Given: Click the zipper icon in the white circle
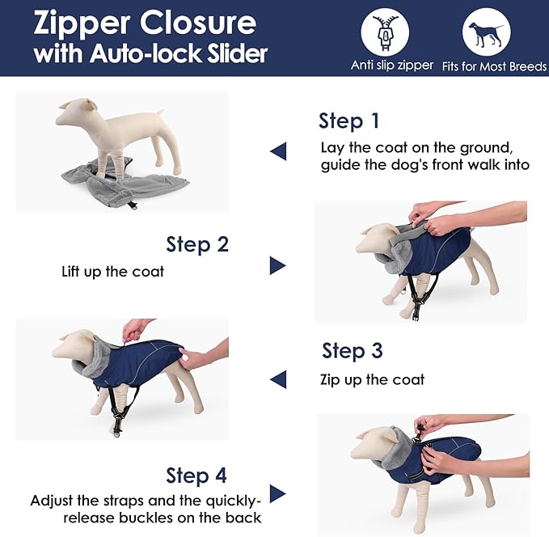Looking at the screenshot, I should [385, 32].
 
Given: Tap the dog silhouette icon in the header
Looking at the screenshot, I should [486, 32].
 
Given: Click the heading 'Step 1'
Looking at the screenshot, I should [348, 121].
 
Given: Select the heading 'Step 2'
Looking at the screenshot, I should [197, 243].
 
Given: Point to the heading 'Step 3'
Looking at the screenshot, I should [353, 351].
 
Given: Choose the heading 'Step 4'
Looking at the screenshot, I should [196, 475].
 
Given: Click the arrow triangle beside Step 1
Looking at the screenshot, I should [278, 150].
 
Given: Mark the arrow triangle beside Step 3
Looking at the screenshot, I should [278, 378].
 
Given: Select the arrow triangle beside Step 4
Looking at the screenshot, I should [278, 494].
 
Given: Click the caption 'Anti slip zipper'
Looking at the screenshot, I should [392, 66].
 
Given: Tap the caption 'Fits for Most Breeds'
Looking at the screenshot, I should [493, 66].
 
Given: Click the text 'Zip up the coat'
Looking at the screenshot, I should [373, 379].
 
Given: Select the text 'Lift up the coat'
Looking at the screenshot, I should [112, 271].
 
